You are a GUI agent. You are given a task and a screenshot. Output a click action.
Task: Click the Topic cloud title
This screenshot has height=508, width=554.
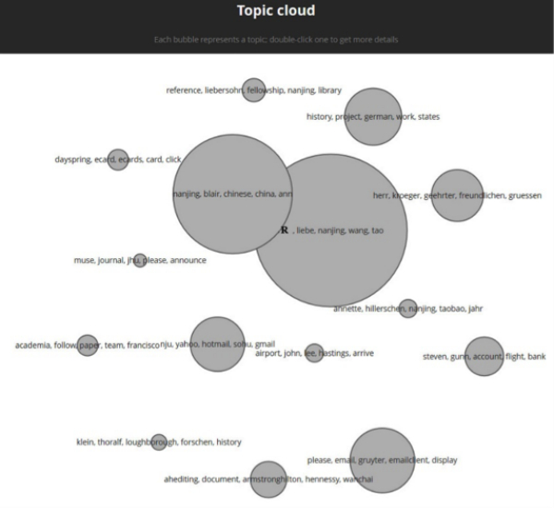tap(276, 11)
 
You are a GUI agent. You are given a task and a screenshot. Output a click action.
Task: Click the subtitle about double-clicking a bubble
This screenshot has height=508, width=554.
tap(276, 40)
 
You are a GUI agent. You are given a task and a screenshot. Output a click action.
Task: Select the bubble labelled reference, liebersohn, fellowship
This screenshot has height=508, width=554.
tap(253, 89)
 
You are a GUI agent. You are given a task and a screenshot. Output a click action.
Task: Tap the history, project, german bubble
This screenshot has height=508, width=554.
tap(373, 116)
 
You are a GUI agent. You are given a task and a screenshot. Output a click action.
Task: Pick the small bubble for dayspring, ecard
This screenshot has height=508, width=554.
tap(117, 159)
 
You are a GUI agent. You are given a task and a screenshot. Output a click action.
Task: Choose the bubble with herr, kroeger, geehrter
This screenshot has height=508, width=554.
tap(457, 195)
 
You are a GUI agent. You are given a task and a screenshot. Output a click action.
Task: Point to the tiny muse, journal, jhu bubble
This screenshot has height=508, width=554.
tap(139, 261)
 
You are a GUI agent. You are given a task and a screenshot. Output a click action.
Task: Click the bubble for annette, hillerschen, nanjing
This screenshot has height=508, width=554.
tap(408, 308)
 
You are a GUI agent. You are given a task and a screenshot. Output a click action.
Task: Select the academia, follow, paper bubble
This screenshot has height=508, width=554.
tap(87, 346)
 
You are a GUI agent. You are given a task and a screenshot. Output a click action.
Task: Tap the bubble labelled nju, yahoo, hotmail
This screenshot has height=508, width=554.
tap(217, 344)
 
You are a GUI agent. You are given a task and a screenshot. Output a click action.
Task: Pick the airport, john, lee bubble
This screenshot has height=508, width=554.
tap(314, 352)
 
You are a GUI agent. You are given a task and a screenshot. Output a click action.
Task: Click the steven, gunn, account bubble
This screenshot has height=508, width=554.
tap(484, 356)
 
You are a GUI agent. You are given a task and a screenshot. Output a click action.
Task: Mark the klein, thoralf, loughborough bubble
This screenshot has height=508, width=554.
tap(159, 443)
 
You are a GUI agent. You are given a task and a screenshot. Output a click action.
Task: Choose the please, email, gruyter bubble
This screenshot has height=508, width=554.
tap(381, 459)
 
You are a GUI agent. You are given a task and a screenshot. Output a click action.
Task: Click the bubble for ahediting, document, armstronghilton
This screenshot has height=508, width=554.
tap(268, 479)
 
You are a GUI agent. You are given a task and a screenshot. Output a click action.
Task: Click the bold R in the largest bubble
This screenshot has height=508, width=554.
tap(285, 230)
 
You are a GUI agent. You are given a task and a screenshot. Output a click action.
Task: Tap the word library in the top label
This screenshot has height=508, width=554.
tap(329, 90)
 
